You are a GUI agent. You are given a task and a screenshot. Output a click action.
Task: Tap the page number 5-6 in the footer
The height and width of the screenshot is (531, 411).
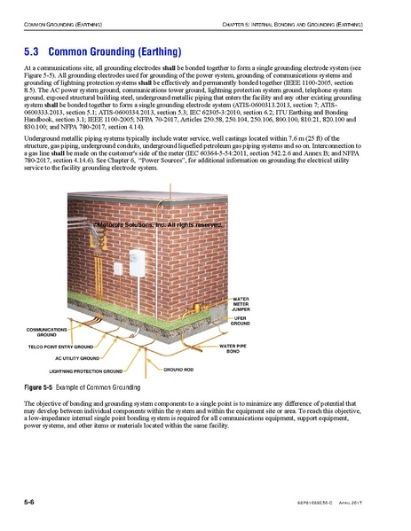pyautogui.click(x=29, y=502)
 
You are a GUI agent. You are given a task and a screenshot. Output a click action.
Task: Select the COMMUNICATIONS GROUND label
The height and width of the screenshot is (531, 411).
pyautogui.click(x=48, y=332)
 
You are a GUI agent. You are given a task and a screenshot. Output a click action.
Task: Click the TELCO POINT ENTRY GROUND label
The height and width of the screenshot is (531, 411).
pyautogui.click(x=60, y=347)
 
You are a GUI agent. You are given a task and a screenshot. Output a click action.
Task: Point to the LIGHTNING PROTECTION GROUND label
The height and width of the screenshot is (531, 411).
pyautogui.click(x=86, y=371)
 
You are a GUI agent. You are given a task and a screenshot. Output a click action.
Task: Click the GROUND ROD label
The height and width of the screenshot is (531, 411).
pyautogui.click(x=178, y=367)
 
